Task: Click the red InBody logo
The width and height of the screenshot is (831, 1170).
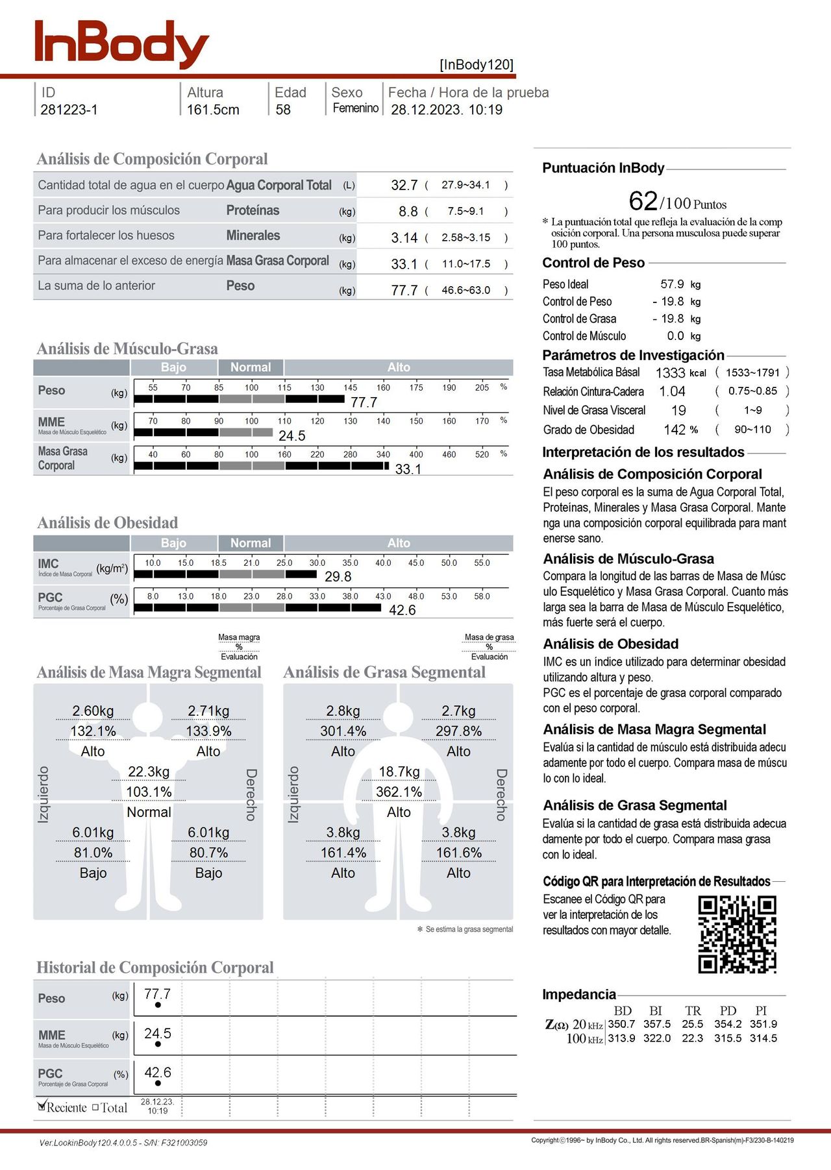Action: tap(121, 43)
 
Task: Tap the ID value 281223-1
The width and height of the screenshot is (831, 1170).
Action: tap(69, 110)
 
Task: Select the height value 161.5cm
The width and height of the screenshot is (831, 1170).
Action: tap(213, 110)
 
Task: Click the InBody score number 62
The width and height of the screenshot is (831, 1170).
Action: tap(643, 201)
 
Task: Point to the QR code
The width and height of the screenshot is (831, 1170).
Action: tap(737, 934)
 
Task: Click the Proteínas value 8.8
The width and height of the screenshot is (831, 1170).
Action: tap(408, 212)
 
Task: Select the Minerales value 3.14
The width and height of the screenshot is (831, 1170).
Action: tap(404, 238)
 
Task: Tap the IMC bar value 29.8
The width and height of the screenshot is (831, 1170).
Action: tap(338, 576)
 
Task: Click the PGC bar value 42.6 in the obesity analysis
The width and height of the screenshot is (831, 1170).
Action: tap(402, 610)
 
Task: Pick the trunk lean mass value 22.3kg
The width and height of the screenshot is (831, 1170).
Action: tap(149, 772)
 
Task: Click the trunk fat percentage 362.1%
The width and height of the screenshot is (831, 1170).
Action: tap(399, 792)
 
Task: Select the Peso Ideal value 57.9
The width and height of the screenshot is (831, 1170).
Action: tap(672, 284)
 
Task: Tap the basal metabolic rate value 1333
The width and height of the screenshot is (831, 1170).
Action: tap(670, 372)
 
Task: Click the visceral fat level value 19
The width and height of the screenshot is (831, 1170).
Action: tap(678, 411)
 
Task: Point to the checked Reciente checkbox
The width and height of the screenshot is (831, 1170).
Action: tap(42, 1106)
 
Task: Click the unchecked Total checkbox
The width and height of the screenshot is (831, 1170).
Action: tap(95, 1108)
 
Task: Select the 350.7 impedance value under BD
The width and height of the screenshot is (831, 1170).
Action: tap(621, 1024)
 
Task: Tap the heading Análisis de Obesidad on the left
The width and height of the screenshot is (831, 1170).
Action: tap(107, 522)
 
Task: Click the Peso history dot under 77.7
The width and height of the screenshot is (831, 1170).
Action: tap(158, 1005)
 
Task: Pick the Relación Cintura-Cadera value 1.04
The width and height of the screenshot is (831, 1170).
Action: tap(672, 391)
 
